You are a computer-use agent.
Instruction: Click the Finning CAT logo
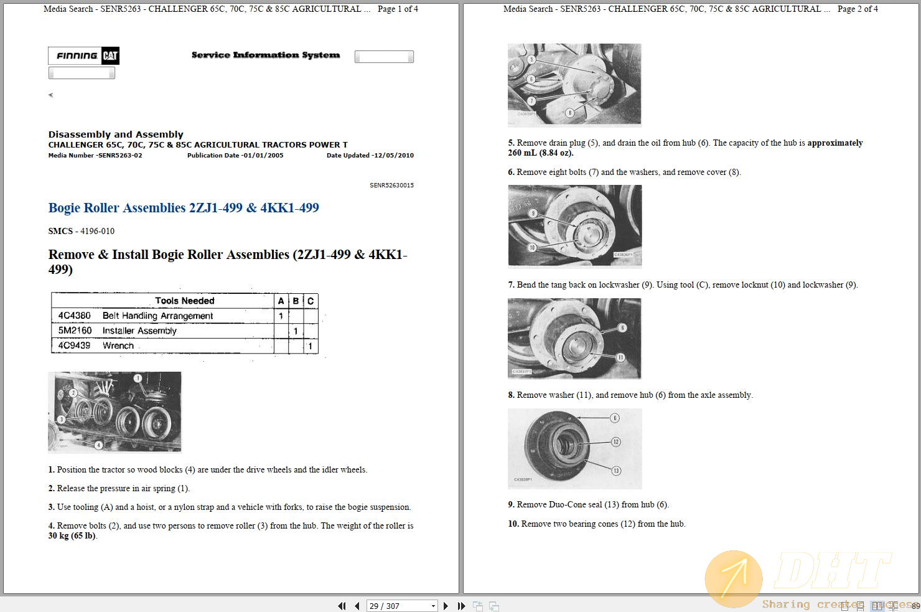[83, 56]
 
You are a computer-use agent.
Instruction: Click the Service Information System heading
[266, 55]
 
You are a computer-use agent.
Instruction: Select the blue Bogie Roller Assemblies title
[184, 208]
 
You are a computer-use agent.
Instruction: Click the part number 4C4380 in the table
[74, 316]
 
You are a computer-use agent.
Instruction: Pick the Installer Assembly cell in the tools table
[139, 331]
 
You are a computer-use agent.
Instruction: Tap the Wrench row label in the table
[118, 346]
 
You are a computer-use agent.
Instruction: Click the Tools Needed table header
[184, 301]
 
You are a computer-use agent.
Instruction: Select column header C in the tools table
[311, 301]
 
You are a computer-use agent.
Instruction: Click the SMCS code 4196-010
[97, 231]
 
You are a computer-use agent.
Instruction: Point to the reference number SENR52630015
[391, 186]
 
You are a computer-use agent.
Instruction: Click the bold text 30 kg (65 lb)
[72, 535]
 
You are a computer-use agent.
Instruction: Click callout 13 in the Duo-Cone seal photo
[616, 471]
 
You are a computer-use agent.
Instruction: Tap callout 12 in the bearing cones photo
[615, 442]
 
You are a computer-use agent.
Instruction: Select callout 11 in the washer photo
[620, 357]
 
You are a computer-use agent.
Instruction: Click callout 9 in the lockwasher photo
[533, 213]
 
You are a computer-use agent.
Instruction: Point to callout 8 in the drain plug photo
[569, 113]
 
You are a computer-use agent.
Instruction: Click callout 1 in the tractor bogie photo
[138, 378]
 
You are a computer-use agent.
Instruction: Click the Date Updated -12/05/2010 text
[370, 156]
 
